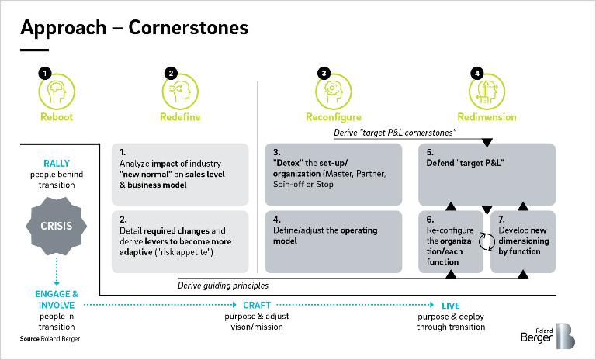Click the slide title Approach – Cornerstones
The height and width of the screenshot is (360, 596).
(x=134, y=28)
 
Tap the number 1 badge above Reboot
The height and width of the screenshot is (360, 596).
(x=45, y=73)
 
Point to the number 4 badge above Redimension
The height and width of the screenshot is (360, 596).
(x=478, y=73)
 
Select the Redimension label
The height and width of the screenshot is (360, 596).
(x=487, y=117)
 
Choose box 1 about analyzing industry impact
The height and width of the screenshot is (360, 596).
(x=180, y=173)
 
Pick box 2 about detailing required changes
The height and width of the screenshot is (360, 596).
(x=180, y=241)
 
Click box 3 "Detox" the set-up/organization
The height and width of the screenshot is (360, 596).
(x=333, y=173)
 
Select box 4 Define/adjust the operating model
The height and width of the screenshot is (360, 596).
(x=333, y=241)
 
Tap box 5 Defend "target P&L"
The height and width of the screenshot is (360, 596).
(x=487, y=173)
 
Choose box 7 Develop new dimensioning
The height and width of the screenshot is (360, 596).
(x=524, y=241)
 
